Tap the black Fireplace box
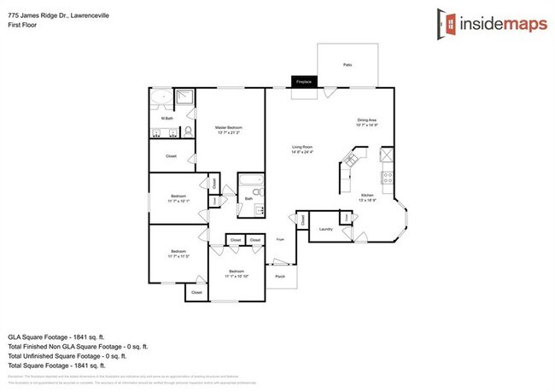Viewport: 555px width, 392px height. pyautogui.click(x=303, y=81)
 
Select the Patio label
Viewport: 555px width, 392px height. pyautogui.click(x=348, y=65)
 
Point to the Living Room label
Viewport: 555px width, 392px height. pyautogui.click(x=303, y=149)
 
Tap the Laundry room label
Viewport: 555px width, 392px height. pyautogui.click(x=324, y=230)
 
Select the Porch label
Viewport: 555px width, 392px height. pyautogui.click(x=280, y=277)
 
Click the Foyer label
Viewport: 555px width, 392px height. pyautogui.click(x=279, y=240)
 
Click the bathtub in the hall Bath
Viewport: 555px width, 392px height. pyautogui.click(x=250, y=181)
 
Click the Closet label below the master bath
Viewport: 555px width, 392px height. pyautogui.click(x=172, y=157)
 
